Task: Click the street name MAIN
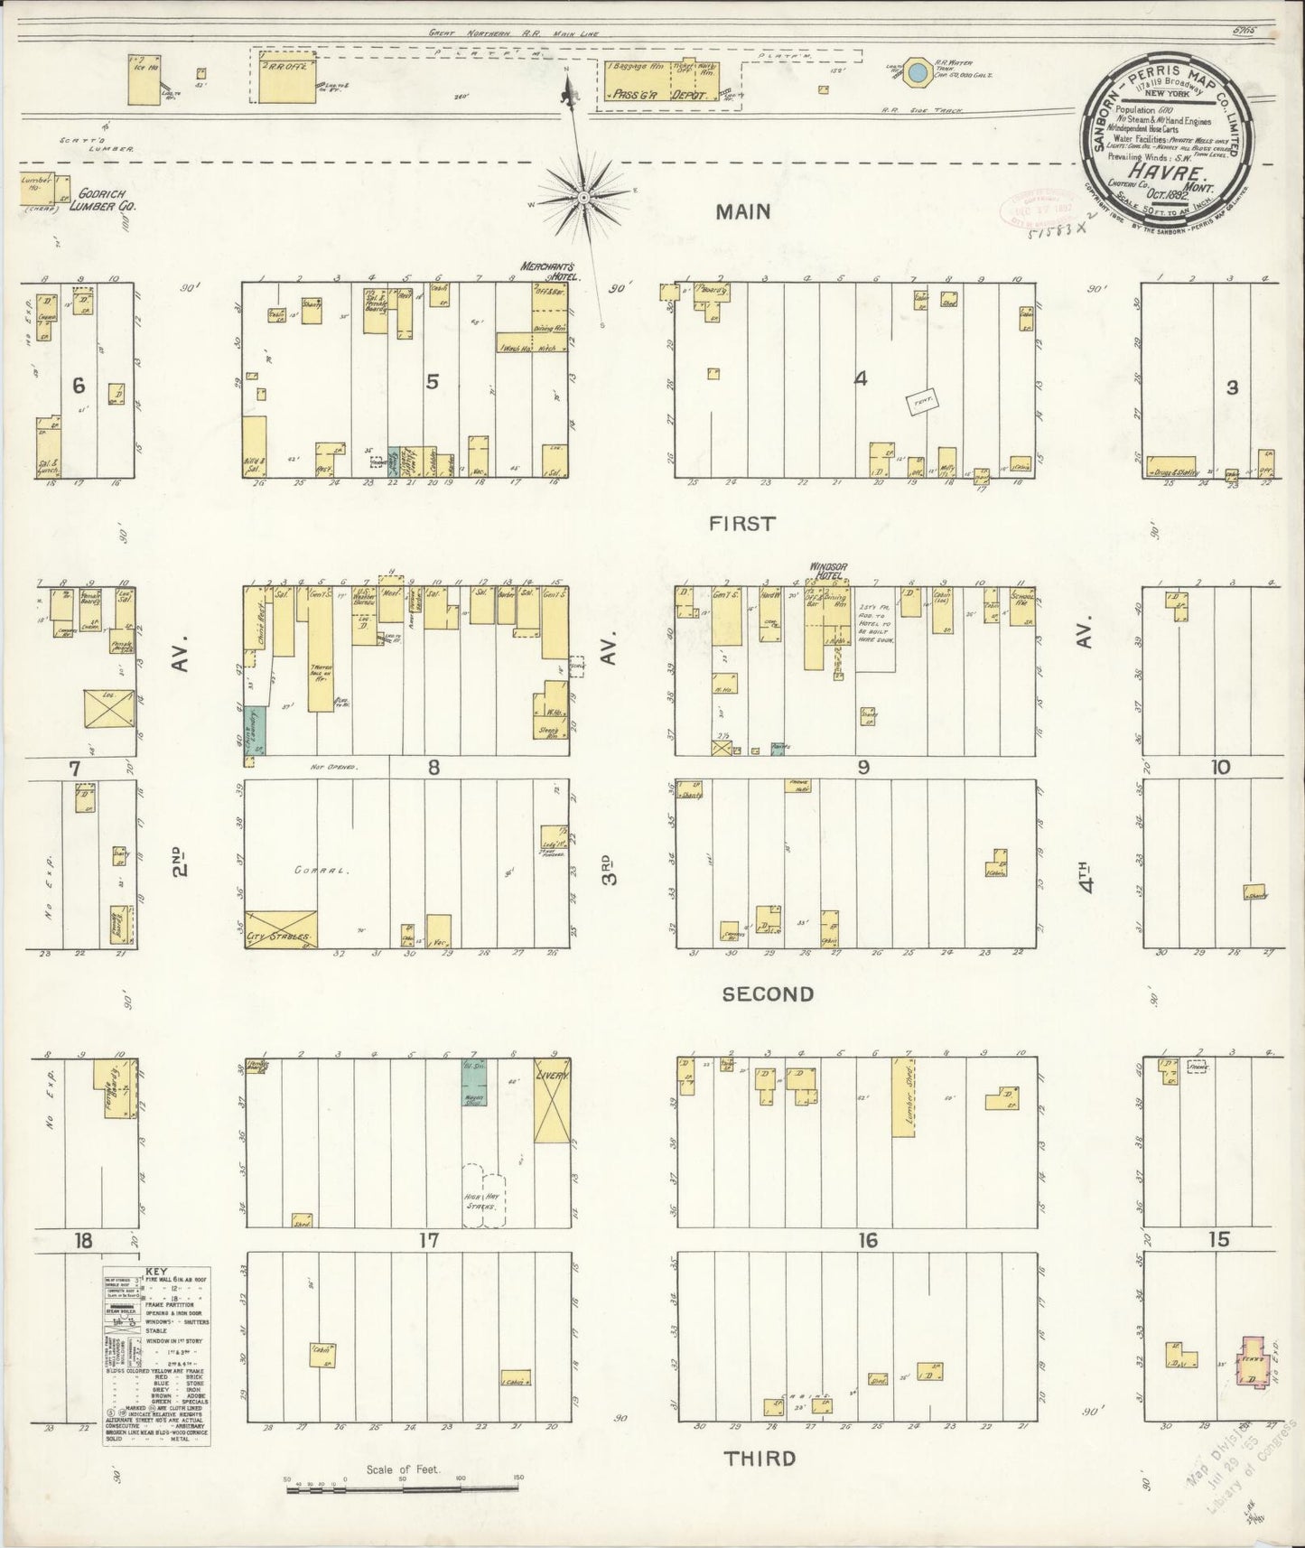(x=743, y=211)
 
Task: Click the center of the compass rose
(x=583, y=195)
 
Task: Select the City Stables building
(x=281, y=929)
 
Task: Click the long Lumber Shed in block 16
(x=903, y=1096)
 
